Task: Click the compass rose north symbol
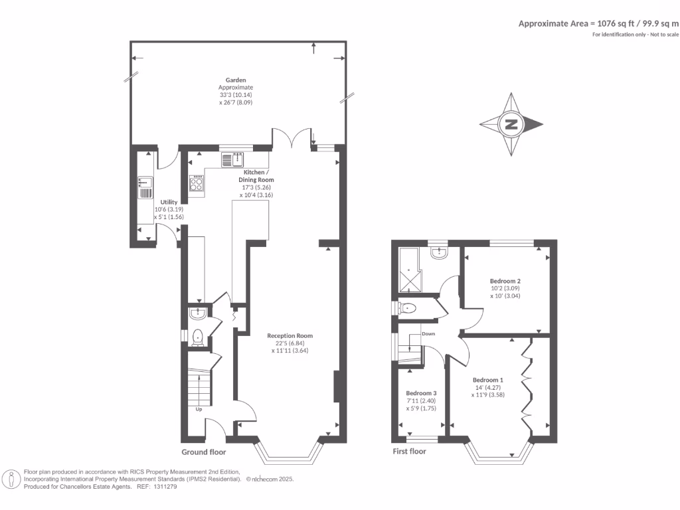click(511, 124)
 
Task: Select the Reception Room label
click(290, 336)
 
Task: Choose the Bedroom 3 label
click(421, 392)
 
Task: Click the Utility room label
click(169, 201)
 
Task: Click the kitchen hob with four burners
click(197, 183)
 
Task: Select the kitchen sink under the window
click(233, 159)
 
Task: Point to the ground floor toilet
click(197, 338)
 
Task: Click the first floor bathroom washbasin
click(439, 252)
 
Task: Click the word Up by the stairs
click(199, 409)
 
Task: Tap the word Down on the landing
click(428, 333)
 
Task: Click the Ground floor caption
click(204, 452)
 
